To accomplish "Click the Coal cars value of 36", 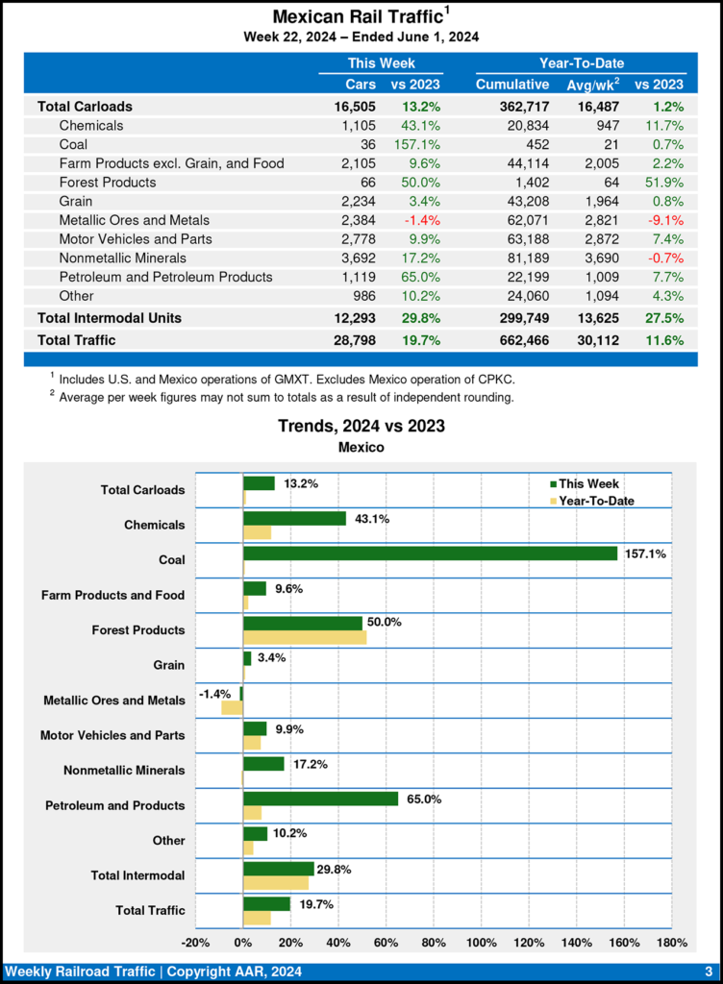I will coord(365,144).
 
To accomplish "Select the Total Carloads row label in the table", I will coord(85,107).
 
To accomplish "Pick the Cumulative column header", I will coord(511,85).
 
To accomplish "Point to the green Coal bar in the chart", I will coord(430,553).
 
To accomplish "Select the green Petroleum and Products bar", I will coord(320,799).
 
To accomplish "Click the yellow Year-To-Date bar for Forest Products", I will coord(305,637).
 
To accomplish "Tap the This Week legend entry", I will coord(583,484).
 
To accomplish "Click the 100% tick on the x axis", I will coord(481,942).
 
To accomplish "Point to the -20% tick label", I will coord(195,942).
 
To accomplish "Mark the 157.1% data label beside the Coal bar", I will coord(645,553).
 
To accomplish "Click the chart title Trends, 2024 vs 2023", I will coord(361,426).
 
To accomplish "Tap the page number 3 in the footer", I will coord(708,971).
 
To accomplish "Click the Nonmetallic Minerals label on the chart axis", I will coord(124,771).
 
